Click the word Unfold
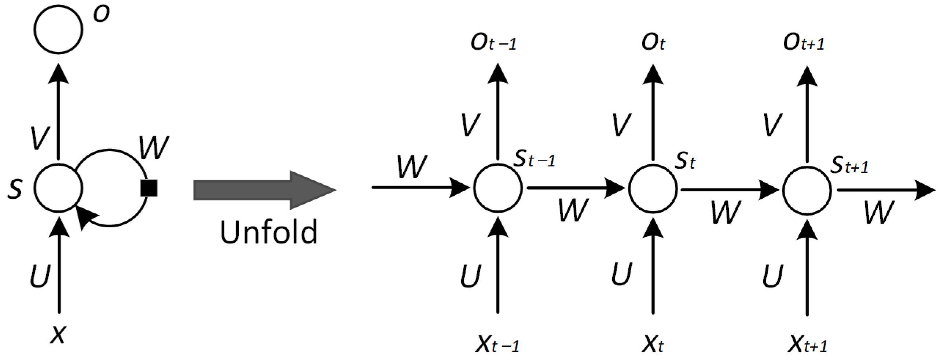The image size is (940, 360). coord(268,232)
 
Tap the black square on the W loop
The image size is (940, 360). coord(149,188)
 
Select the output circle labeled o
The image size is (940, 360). coord(58,29)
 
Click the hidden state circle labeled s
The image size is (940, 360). coord(58,188)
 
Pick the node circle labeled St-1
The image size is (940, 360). coord(497,188)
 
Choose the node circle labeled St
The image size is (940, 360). coord(653,189)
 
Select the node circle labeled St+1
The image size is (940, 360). coord(807,190)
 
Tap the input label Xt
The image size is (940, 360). coord(653,344)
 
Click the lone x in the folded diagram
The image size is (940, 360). coord(58,334)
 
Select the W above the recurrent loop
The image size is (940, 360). coord(154,148)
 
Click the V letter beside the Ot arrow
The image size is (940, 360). coord(622,125)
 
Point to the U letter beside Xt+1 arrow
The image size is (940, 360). coord(773,276)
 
